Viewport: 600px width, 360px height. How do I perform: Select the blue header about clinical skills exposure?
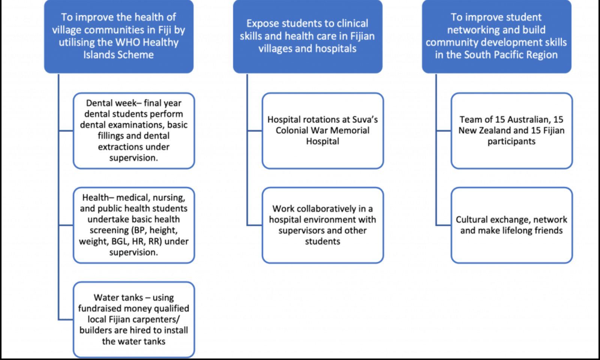pyautogui.click(x=307, y=36)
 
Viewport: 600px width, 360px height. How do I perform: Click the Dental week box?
pyautogui.click(x=133, y=130)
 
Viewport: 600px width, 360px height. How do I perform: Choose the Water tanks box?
pyautogui.click(x=133, y=319)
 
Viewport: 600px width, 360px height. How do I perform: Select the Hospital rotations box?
pyautogui.click(x=322, y=130)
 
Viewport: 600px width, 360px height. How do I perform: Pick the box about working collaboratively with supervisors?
pyautogui.click(x=322, y=225)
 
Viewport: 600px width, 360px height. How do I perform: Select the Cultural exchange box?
pyautogui.click(x=511, y=225)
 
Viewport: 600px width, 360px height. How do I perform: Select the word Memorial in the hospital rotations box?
pyautogui.click(x=352, y=130)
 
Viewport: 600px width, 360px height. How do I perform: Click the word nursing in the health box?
pyautogui.click(x=168, y=197)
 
